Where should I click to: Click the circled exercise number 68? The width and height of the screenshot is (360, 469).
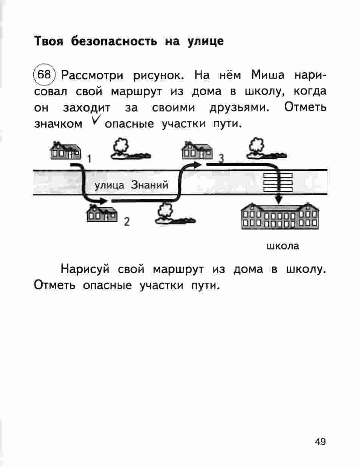click(44, 75)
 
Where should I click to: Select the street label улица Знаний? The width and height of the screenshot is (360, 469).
click(130, 185)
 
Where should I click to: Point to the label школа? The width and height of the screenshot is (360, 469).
click(282, 246)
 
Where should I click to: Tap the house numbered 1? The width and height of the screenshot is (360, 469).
click(65, 150)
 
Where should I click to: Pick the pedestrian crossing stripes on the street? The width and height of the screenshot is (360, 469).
click(278, 182)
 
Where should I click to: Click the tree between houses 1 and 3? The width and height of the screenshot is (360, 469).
click(127, 149)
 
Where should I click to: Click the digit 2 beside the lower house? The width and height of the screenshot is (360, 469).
click(127, 222)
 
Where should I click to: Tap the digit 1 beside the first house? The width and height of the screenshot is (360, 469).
click(89, 159)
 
